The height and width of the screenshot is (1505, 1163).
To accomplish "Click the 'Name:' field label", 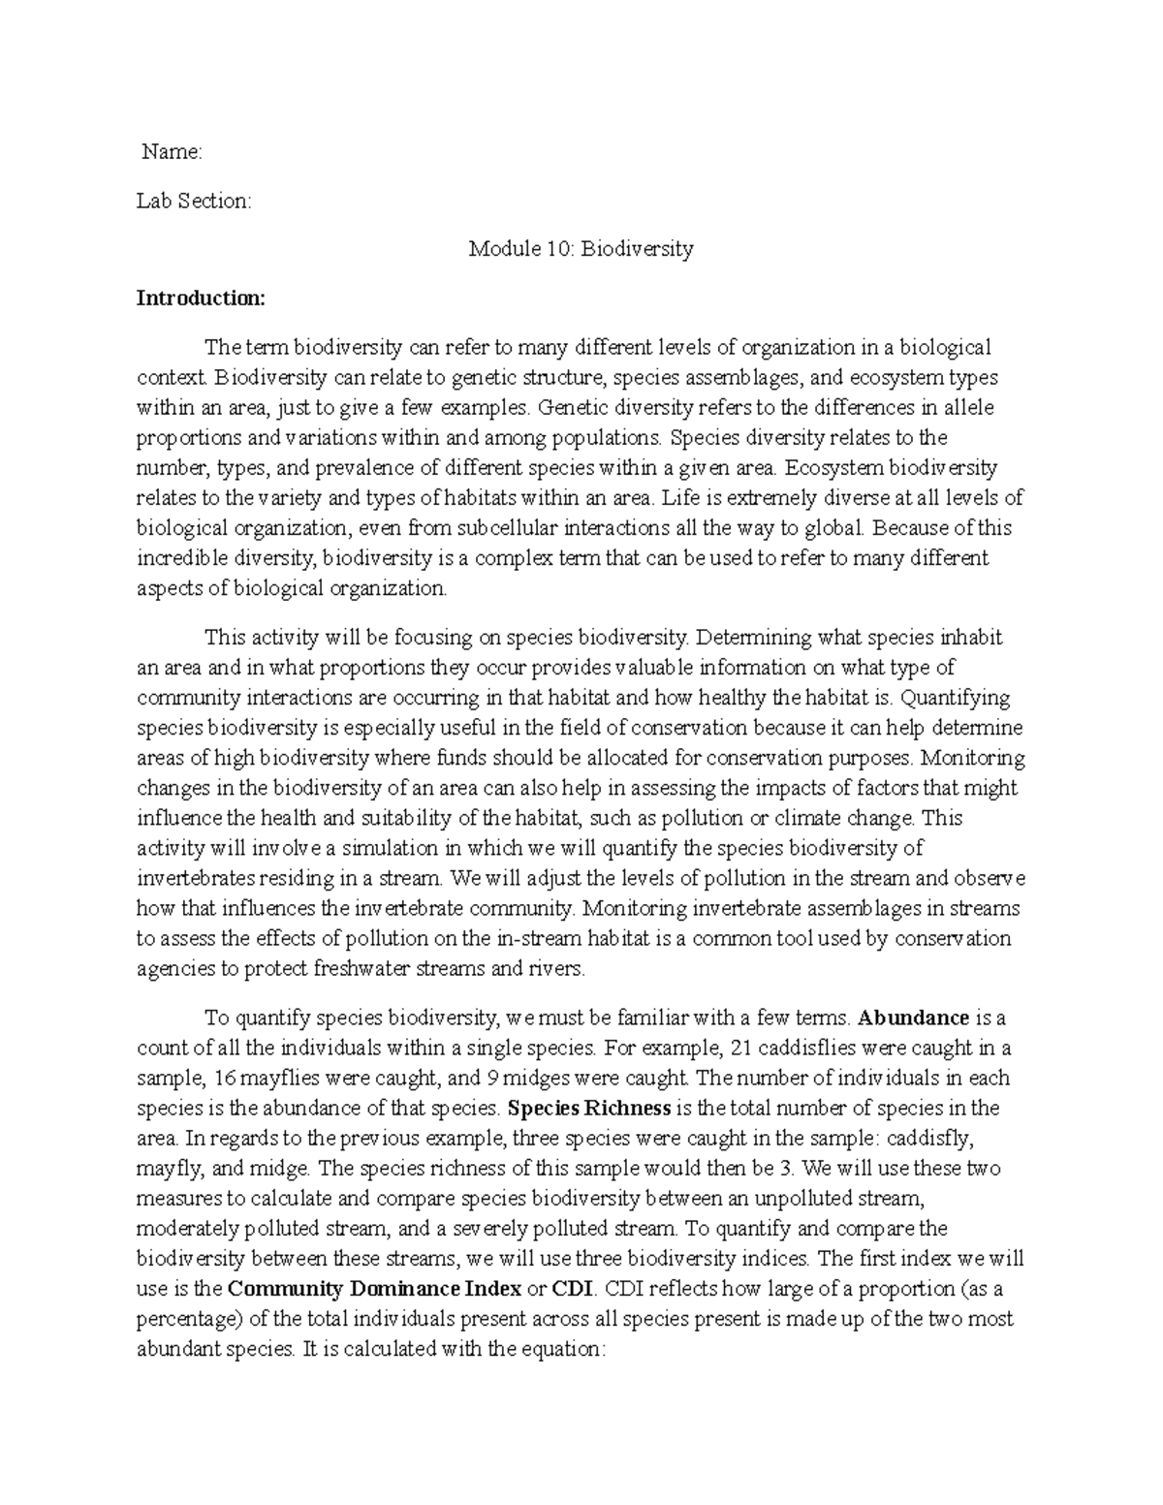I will (x=172, y=151).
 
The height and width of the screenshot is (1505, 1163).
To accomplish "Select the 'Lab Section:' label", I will (x=193, y=201).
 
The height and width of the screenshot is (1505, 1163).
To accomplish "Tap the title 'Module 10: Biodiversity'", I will (x=581, y=249).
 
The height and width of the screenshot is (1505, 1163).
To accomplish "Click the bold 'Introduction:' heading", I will (x=200, y=298).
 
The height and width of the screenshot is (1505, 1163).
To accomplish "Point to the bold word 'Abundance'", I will (x=914, y=1018).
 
